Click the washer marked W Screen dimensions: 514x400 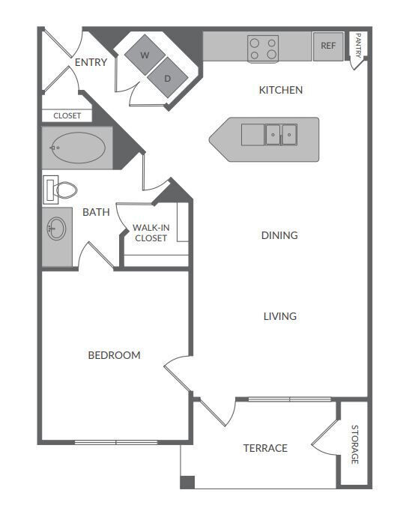tap(144, 54)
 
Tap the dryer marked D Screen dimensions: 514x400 tap(167, 76)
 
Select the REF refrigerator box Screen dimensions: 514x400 tap(328, 46)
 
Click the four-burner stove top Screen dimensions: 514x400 tap(263, 49)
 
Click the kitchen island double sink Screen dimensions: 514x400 tap(280, 135)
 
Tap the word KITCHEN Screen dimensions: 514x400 tap(281, 90)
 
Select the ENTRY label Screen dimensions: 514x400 tap(91, 62)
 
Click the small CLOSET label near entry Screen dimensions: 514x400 tap(67, 115)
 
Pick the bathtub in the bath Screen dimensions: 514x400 tap(77, 147)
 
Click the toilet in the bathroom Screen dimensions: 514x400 tap(61, 190)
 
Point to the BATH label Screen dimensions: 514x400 tap(96, 212)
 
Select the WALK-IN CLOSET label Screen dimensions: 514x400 tap(150, 232)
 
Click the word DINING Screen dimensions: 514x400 tap(279, 235)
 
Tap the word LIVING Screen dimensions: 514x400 tap(280, 316)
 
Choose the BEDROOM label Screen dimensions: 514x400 tap(114, 355)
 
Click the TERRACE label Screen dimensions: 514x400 tap(265, 448)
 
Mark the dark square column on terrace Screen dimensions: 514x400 tap(187, 482)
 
